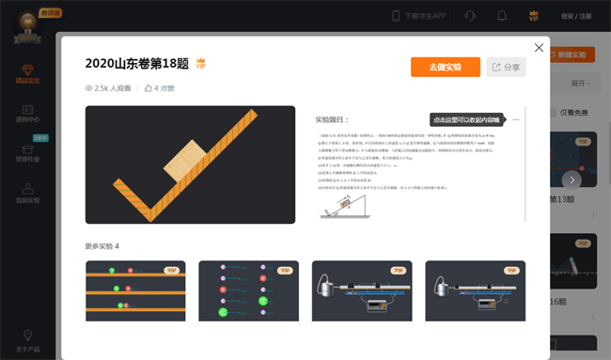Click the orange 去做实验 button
click(x=445, y=67)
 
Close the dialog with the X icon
click(x=539, y=47)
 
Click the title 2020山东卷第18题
click(x=136, y=64)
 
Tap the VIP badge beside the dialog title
click(x=200, y=64)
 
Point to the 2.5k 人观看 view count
click(x=108, y=88)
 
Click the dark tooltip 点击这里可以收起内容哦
click(x=466, y=119)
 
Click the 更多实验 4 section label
click(x=102, y=246)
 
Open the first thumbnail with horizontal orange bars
click(x=135, y=290)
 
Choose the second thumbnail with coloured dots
click(x=248, y=290)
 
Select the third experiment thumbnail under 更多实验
click(x=362, y=290)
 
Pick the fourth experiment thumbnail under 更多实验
click(x=475, y=290)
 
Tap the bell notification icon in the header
click(x=502, y=16)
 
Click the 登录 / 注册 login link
click(x=576, y=16)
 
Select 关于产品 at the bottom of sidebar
click(x=28, y=336)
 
